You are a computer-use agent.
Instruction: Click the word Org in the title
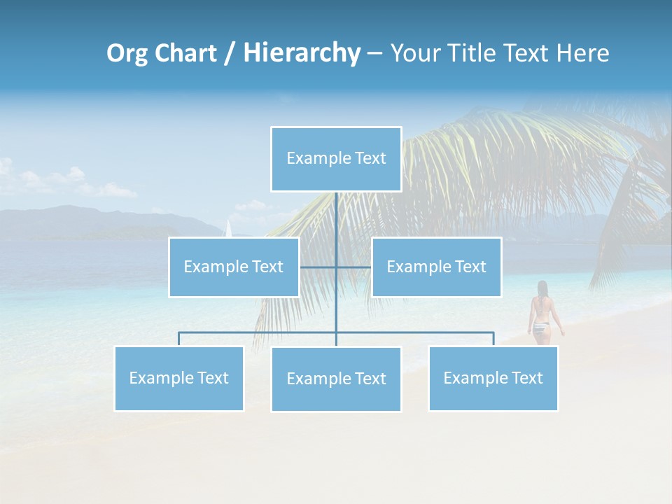(x=127, y=53)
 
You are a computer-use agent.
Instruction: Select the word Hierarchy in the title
(x=302, y=53)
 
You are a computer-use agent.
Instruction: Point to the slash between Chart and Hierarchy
(x=230, y=53)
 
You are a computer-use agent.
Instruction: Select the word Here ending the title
(x=583, y=53)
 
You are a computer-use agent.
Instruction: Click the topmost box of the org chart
(x=336, y=159)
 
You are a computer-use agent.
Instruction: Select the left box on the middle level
(x=234, y=267)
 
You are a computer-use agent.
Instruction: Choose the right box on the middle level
(x=436, y=267)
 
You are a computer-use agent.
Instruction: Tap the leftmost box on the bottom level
(x=178, y=379)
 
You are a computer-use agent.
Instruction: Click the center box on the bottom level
(x=336, y=379)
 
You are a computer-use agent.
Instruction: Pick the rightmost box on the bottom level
(x=493, y=379)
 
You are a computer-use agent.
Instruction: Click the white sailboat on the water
(x=227, y=228)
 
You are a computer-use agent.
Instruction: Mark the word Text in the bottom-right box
(x=527, y=379)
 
